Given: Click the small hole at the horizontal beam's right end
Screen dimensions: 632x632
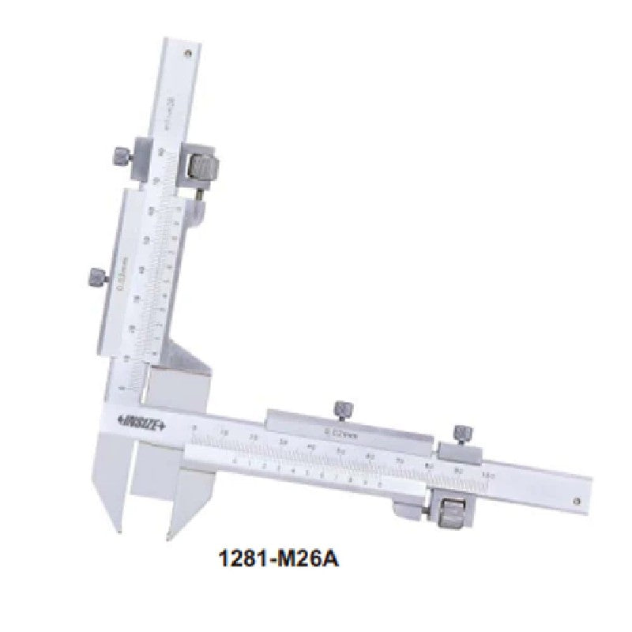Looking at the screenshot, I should [579, 498].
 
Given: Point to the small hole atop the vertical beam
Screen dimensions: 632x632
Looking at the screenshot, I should [188, 54].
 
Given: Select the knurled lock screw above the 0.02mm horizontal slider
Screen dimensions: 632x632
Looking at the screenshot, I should [342, 409].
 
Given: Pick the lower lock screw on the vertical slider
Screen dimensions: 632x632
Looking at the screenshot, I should [95, 277].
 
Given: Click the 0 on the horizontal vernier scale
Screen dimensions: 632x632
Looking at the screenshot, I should [235, 459].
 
